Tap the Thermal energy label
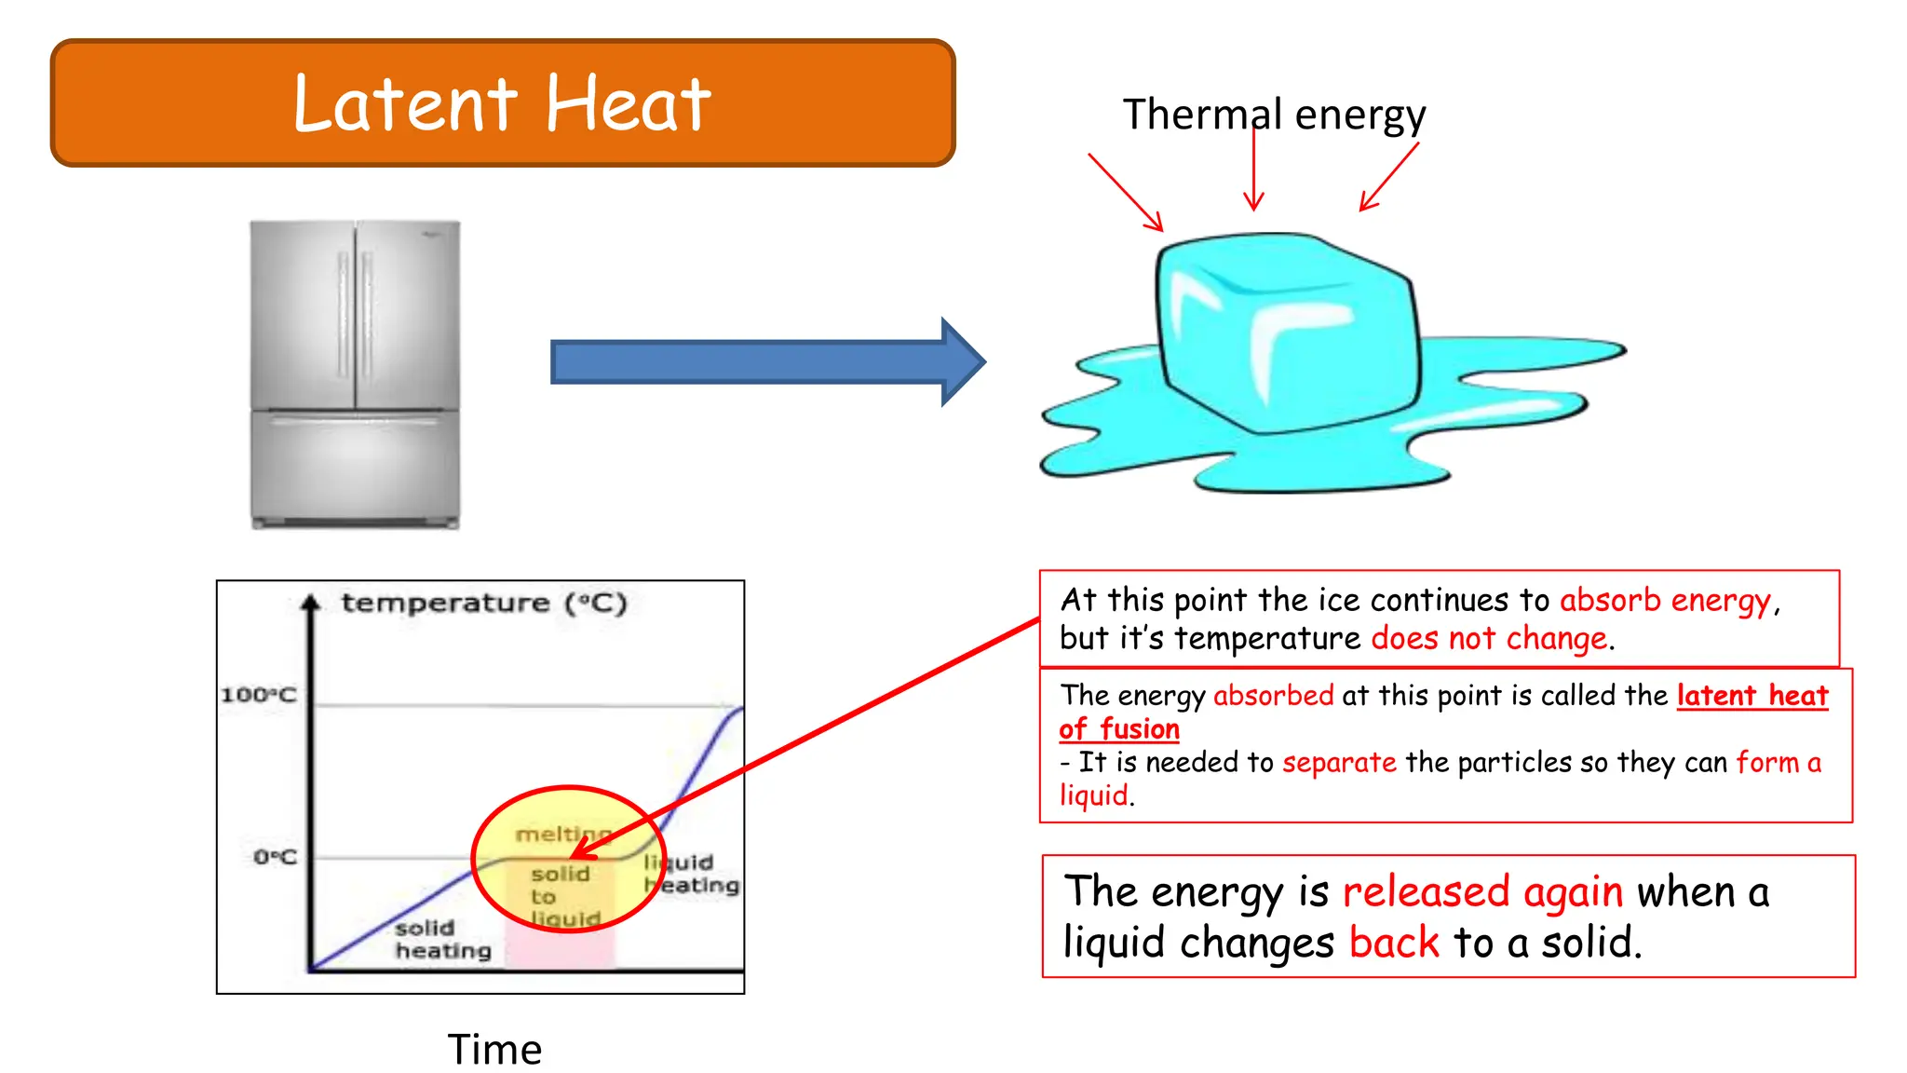coord(1273,115)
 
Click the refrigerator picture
coord(355,374)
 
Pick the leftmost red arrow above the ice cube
coord(1125,192)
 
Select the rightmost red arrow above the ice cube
coord(1389,177)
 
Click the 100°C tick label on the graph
coord(259,695)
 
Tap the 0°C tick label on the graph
coord(275,857)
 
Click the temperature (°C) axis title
coord(484,603)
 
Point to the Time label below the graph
coord(494,1050)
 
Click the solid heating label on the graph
coord(442,939)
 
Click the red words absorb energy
coord(1665,601)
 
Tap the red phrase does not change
coord(1489,639)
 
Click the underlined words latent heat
coord(1751,696)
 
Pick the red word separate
coord(1339,763)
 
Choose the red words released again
coord(1482,892)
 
